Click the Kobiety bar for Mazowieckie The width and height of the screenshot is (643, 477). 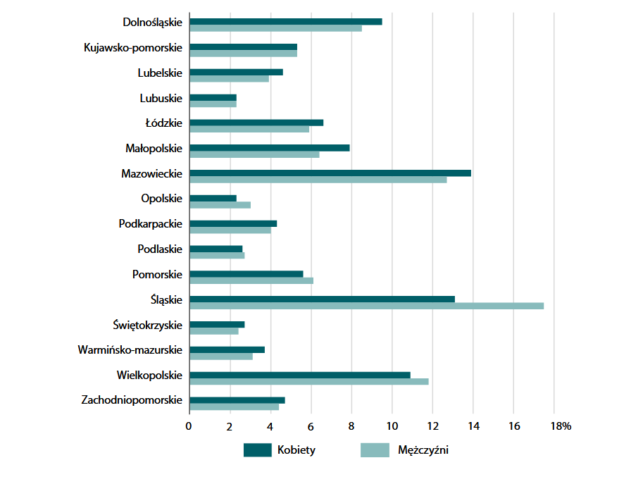click(x=330, y=173)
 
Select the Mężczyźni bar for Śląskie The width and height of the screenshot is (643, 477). click(x=366, y=306)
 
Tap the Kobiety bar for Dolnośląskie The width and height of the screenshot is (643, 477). click(x=286, y=21)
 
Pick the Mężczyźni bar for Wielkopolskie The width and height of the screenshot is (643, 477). click(x=309, y=382)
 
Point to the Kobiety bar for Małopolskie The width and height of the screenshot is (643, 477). click(x=270, y=147)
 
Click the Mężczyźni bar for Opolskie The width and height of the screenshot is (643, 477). click(x=220, y=205)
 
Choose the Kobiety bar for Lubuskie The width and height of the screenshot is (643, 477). click(x=213, y=97)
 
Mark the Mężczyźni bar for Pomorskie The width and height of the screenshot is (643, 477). click(x=251, y=280)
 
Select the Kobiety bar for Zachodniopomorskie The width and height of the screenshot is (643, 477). click(x=237, y=400)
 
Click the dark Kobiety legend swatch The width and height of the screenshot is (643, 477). click(x=257, y=450)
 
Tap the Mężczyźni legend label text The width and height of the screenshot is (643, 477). click(x=423, y=450)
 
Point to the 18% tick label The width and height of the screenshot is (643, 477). click(x=561, y=426)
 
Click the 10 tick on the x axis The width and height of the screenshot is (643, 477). click(x=392, y=426)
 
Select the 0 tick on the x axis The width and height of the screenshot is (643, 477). click(x=189, y=426)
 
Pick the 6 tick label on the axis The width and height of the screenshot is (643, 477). click(x=311, y=426)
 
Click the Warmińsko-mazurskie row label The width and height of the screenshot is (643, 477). click(x=130, y=349)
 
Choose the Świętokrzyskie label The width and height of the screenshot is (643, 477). click(x=148, y=325)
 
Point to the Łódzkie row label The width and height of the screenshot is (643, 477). click(x=163, y=123)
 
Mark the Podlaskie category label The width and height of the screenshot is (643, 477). click(x=160, y=249)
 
